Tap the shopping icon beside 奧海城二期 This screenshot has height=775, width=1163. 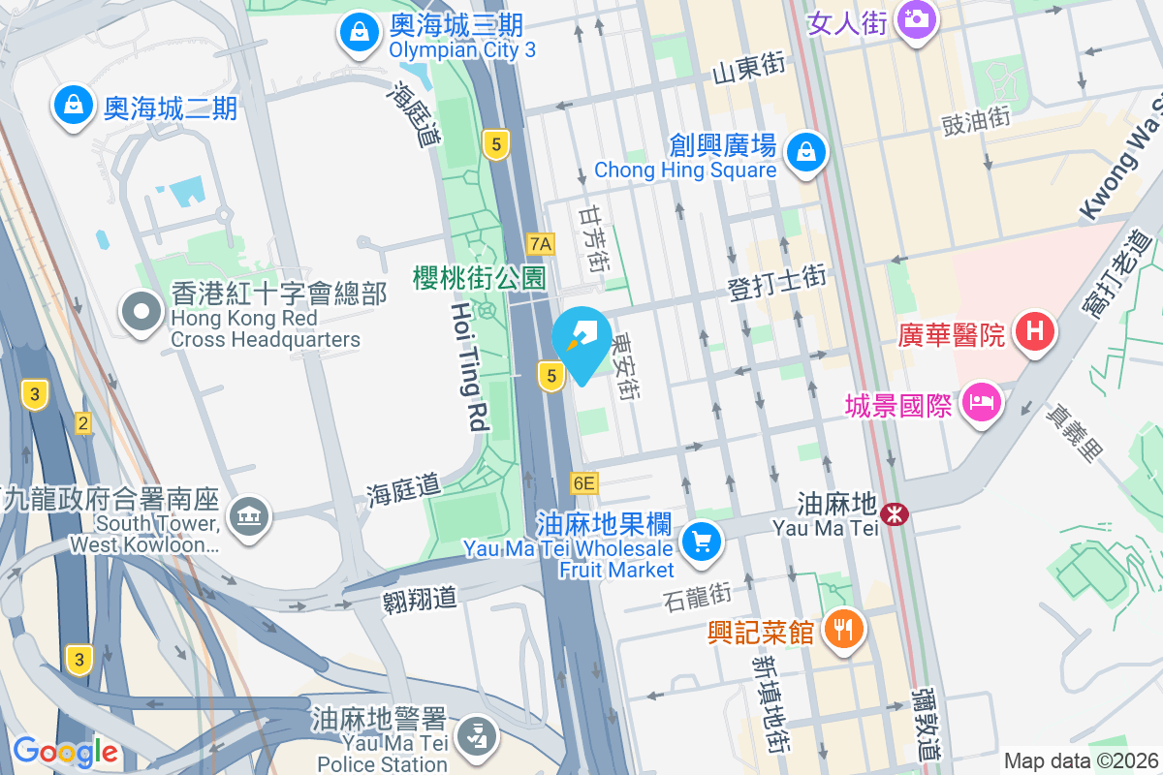[74, 107]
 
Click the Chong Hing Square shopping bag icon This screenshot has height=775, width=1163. [805, 152]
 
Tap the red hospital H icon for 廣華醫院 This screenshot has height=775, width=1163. [1034, 332]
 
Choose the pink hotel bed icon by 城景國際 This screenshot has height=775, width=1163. [981, 405]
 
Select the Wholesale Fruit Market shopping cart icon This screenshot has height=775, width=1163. [701, 541]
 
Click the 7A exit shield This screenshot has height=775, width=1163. [541, 243]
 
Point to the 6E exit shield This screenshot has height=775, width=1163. [584, 482]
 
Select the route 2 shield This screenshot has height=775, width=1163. [83, 423]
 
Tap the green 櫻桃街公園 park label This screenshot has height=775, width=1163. [479, 279]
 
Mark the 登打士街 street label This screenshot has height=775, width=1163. [777, 283]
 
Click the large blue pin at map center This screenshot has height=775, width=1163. [581, 339]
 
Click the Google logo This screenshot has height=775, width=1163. [66, 751]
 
